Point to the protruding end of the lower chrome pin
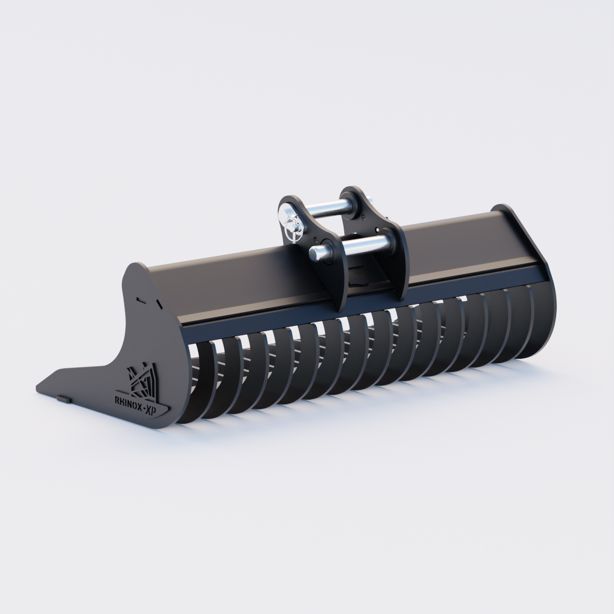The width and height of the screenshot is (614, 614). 317,252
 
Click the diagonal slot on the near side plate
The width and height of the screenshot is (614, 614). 158,304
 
